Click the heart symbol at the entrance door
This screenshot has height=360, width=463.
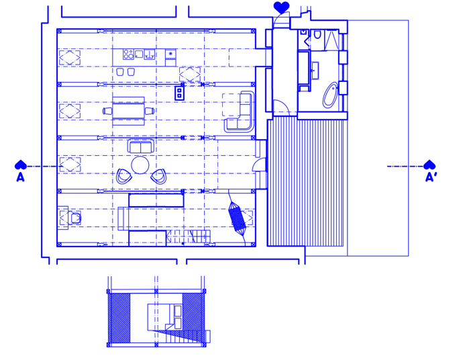[x=281, y=7]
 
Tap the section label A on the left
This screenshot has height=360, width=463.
[x=20, y=177]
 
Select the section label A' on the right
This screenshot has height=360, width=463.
[x=431, y=177]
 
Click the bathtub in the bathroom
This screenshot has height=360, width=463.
[x=330, y=95]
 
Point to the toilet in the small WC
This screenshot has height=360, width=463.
[x=317, y=34]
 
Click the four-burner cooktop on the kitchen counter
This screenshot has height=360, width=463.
[x=128, y=54]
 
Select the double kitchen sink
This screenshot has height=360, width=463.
[x=150, y=54]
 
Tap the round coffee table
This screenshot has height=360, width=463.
[x=140, y=165]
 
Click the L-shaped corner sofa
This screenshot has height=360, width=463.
[x=240, y=111]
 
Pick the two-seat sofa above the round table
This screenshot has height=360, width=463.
[x=141, y=146]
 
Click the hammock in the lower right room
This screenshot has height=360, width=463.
[x=237, y=217]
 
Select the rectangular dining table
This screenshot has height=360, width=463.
[x=128, y=111]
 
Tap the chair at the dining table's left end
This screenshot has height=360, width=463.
[x=107, y=111]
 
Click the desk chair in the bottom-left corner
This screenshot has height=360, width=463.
[x=76, y=218]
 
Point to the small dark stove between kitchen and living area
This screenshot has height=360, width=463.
[x=179, y=93]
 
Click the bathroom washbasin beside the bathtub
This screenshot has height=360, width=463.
[x=315, y=71]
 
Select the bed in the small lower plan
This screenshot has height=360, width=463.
[x=164, y=317]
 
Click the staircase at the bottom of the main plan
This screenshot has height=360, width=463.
[x=188, y=237]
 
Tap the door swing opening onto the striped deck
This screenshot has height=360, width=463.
[x=259, y=165]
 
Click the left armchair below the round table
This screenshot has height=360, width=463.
[x=123, y=176]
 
